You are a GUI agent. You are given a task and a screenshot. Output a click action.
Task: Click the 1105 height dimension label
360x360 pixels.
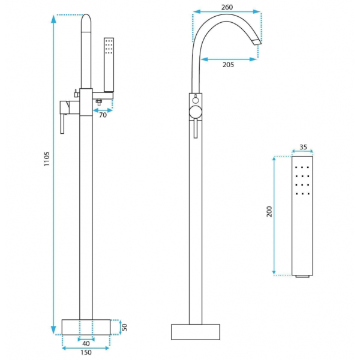click(x=47, y=158)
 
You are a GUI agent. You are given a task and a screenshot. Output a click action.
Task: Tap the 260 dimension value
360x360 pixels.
click(x=227, y=7)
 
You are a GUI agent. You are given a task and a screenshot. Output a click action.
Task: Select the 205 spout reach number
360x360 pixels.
click(x=228, y=65)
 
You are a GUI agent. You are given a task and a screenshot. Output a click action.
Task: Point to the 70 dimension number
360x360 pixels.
click(x=103, y=115)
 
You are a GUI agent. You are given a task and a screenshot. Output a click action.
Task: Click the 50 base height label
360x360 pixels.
click(x=124, y=327)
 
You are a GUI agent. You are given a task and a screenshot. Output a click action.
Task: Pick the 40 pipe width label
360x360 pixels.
click(x=86, y=343)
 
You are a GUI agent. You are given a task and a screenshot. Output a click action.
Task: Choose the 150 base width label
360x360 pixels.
click(x=86, y=352)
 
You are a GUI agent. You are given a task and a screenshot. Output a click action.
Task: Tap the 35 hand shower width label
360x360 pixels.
click(x=303, y=147)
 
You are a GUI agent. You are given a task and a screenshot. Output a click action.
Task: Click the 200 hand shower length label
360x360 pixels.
click(x=269, y=211)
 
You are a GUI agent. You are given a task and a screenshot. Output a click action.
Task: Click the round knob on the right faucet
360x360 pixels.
click(x=196, y=113)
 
